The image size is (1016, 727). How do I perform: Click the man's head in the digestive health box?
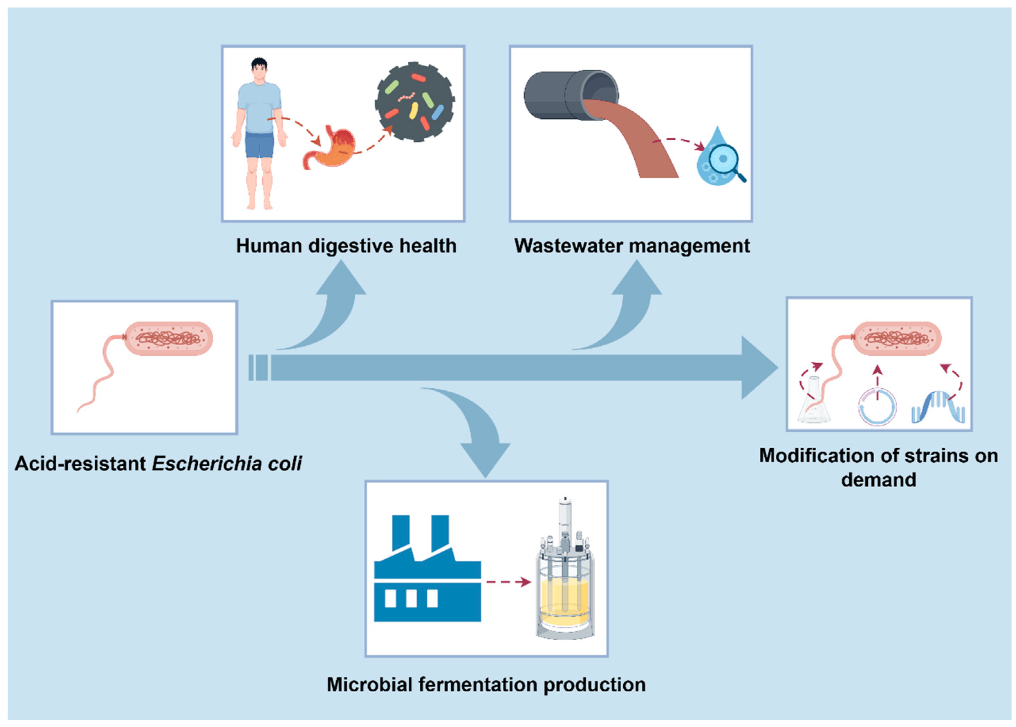tap(259, 69)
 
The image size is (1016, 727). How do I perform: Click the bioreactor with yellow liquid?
tap(565, 582)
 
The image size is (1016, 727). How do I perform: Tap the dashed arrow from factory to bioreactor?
tap(509, 582)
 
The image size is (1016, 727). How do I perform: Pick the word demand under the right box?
tap(879, 480)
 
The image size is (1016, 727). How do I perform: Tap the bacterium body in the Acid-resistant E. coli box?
tap(168, 338)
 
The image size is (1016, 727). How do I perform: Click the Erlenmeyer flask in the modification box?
tap(813, 403)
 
